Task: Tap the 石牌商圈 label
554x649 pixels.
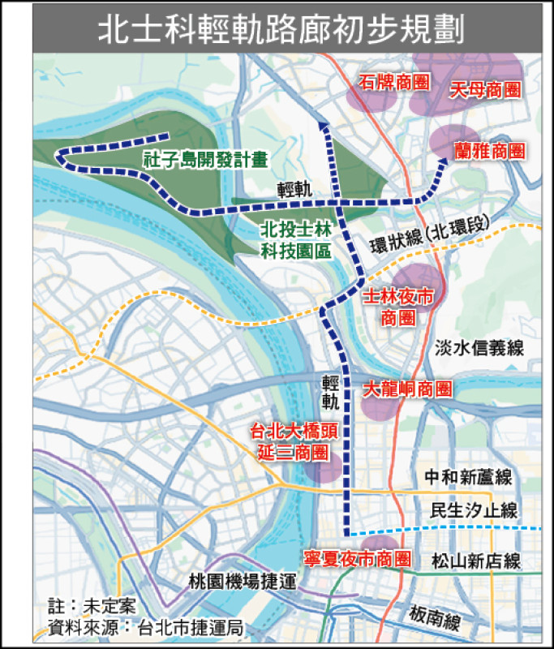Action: [x=394, y=83]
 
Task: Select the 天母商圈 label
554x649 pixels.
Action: [x=484, y=90]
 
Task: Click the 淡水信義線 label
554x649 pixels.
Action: [x=479, y=349]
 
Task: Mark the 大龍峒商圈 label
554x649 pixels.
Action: [x=406, y=389]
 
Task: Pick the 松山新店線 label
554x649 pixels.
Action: [x=476, y=561]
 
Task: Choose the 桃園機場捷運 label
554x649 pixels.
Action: [x=232, y=580]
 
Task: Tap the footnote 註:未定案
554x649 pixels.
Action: [x=91, y=606]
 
